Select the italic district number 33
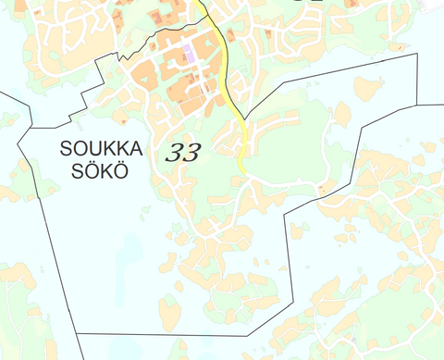182,154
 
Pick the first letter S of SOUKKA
66,148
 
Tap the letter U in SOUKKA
92,148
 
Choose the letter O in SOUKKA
79,148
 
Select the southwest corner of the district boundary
77,333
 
